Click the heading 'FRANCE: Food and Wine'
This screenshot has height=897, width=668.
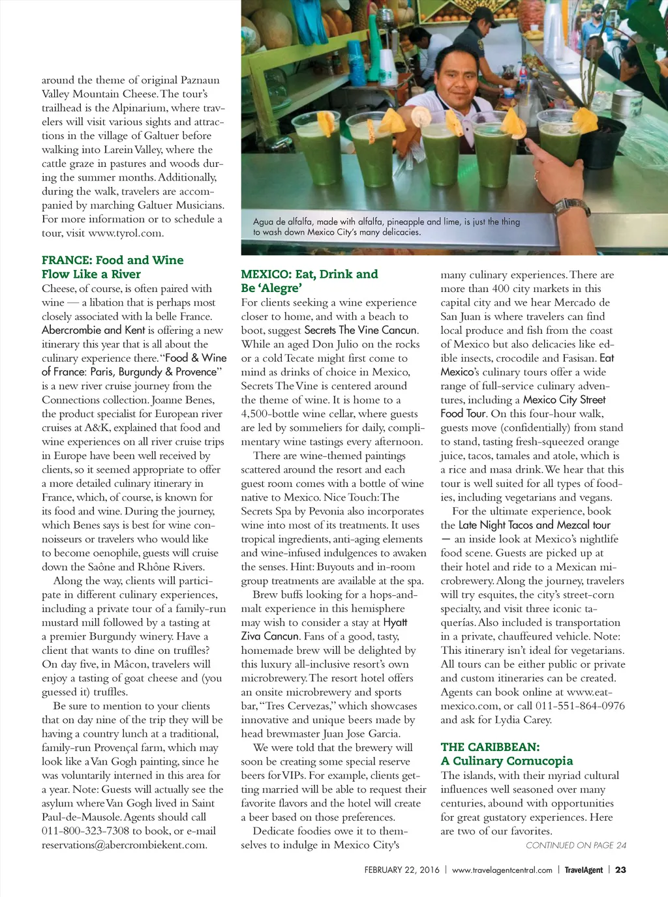click(x=112, y=260)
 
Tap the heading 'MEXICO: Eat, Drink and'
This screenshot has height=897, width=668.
click(x=309, y=274)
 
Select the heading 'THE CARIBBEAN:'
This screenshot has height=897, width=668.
click(x=490, y=747)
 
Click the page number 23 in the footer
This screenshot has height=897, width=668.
click(x=620, y=870)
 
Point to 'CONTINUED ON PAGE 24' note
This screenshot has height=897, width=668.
click(x=575, y=846)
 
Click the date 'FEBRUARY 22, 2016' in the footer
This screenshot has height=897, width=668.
click(x=402, y=870)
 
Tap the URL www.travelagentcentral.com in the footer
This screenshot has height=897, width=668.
click(x=502, y=870)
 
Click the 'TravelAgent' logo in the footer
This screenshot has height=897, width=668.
click(x=583, y=870)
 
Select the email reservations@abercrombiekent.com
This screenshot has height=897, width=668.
click(x=124, y=846)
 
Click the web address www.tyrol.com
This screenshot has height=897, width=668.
click(x=126, y=233)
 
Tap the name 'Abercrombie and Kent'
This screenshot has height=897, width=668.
click(x=93, y=331)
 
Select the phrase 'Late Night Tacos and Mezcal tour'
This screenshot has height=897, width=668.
click(x=534, y=525)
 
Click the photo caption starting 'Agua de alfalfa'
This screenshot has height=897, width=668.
click(x=386, y=227)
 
